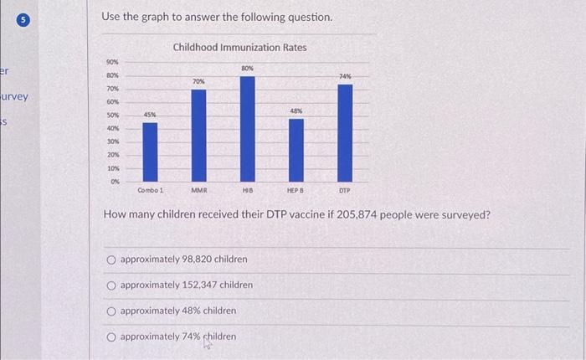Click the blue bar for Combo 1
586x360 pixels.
149,152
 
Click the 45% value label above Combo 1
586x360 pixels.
149,114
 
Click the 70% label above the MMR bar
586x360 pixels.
198,81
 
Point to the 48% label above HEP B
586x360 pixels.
296,110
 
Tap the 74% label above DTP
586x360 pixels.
345,76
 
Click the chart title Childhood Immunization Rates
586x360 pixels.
239,48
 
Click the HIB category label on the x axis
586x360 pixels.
247,191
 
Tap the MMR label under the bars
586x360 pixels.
198,191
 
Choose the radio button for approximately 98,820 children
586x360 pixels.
111,260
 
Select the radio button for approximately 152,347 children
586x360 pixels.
111,285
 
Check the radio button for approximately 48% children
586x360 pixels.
111,311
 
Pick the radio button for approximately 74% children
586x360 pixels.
111,337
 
